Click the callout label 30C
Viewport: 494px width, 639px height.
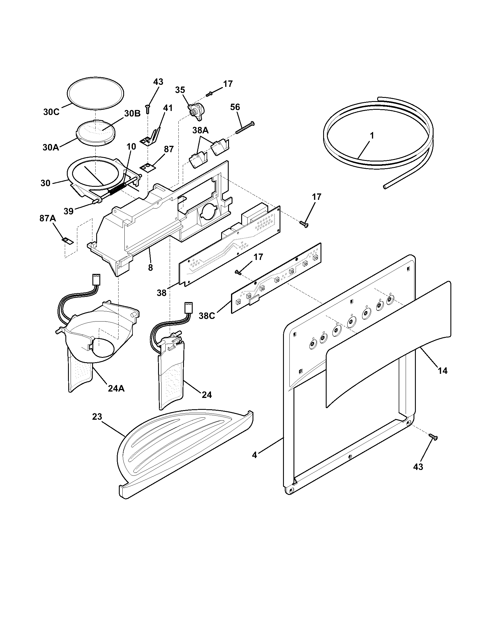[51, 112]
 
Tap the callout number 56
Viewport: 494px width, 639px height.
[235, 107]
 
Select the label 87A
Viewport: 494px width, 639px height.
[48, 218]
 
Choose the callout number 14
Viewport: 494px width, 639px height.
[443, 371]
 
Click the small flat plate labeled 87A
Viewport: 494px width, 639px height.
[68, 240]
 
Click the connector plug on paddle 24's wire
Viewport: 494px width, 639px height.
[187, 308]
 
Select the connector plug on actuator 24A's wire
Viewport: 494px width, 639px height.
[96, 279]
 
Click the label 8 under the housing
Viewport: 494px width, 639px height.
[150, 268]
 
